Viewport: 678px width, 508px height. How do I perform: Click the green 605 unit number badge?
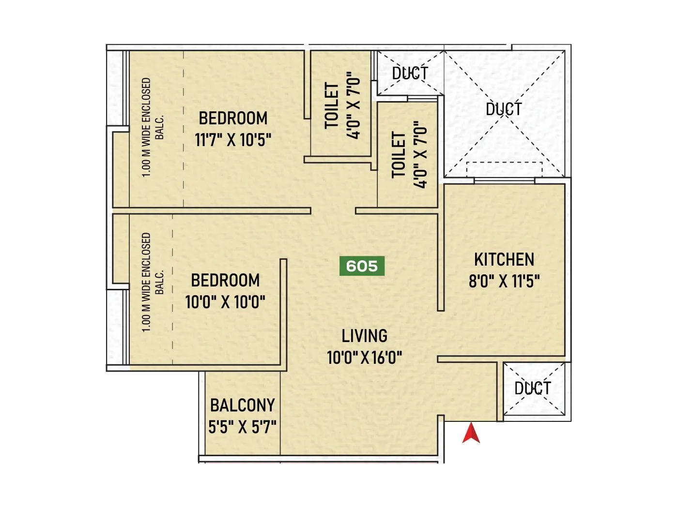[x=362, y=266]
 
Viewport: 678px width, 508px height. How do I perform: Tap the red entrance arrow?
[x=471, y=433]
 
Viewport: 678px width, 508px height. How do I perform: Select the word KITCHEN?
[x=504, y=260]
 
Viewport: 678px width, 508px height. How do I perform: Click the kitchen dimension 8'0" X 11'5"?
[x=504, y=281]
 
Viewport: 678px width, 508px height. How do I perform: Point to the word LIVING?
[x=365, y=336]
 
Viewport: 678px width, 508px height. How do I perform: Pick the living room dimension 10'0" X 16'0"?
[x=365, y=358]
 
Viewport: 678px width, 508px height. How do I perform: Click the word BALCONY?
[x=242, y=405]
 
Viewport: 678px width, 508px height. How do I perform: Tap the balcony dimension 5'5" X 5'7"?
[x=242, y=427]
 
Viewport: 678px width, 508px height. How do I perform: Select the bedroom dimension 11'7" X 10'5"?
[x=233, y=140]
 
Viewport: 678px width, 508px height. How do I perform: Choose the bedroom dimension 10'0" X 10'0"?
[x=225, y=302]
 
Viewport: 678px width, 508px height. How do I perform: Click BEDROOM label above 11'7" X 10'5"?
[x=233, y=118]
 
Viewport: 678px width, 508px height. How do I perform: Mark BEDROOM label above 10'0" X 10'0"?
[x=225, y=280]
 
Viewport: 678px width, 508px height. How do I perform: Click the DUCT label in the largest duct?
[x=504, y=109]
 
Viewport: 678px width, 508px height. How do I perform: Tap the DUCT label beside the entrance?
[x=533, y=388]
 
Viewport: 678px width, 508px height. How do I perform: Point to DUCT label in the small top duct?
[x=410, y=74]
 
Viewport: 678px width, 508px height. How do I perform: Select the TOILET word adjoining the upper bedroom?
[x=332, y=105]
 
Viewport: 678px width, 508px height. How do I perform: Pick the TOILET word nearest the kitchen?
[x=398, y=155]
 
